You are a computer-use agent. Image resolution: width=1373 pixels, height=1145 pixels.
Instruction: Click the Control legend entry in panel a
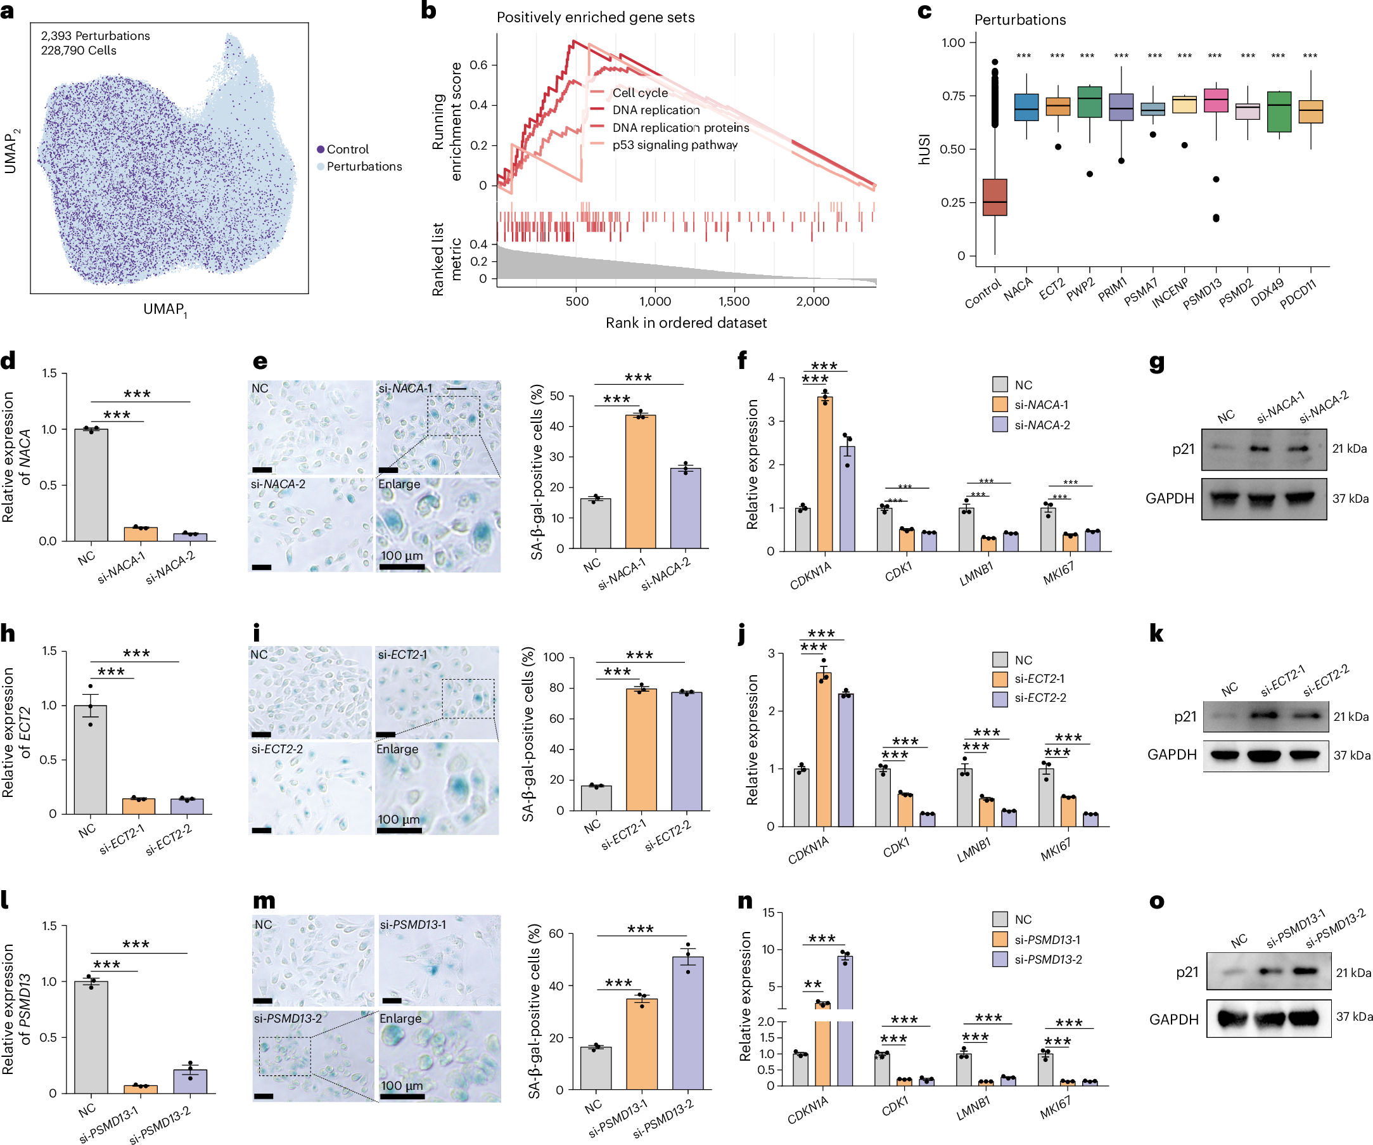tap(347, 149)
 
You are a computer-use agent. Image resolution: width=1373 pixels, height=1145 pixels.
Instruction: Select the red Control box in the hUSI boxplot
tap(995, 197)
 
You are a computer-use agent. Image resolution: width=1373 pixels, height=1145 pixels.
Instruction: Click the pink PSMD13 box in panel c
tap(1215, 100)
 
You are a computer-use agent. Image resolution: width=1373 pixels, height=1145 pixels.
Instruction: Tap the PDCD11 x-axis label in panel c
tap(1298, 294)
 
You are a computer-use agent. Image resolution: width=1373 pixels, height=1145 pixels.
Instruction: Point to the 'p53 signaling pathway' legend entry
tap(674, 145)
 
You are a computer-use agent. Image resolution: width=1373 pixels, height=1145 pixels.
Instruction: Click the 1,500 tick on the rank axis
tap(734, 301)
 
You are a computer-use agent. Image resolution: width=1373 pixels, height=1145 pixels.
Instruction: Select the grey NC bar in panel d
tap(91, 485)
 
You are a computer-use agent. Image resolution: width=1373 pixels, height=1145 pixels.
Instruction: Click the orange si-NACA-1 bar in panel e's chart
tap(640, 482)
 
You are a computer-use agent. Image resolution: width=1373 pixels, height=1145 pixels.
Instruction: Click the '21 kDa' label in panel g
tap(1350, 449)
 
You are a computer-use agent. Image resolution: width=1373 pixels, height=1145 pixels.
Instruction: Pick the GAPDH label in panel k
tap(1172, 754)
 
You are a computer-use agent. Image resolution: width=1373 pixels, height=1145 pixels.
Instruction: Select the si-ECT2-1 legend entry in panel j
tap(1040, 679)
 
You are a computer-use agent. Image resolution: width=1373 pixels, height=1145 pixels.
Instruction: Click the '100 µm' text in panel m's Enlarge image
tap(402, 1085)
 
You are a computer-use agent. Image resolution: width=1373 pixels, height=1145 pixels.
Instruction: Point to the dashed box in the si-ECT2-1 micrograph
tap(468, 699)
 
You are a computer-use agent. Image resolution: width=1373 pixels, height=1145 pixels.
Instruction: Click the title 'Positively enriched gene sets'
tap(595, 17)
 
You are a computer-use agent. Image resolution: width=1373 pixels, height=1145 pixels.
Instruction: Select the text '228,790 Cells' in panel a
tap(79, 50)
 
